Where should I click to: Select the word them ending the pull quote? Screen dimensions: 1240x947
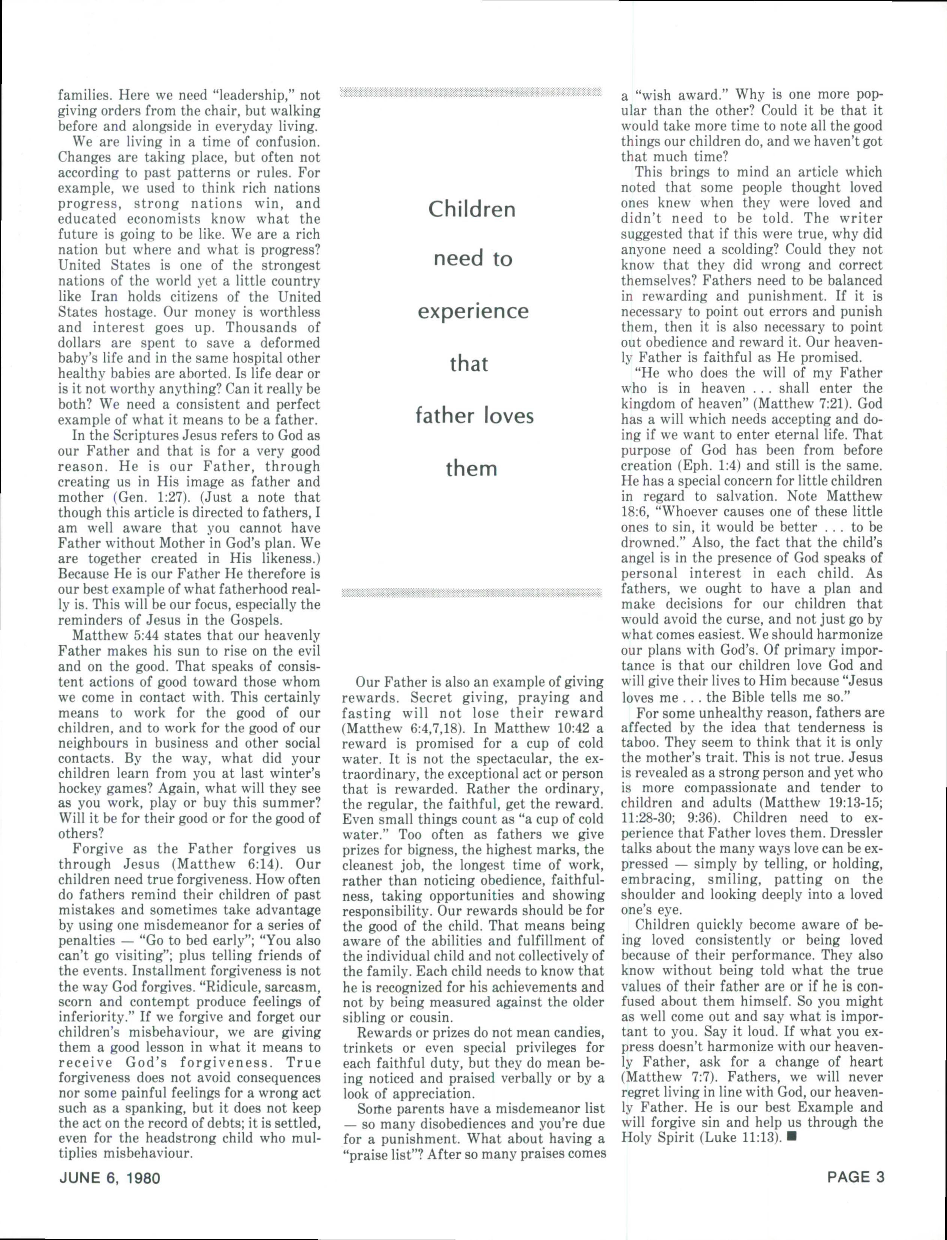click(471, 468)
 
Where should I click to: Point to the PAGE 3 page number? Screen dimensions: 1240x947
click(856, 1177)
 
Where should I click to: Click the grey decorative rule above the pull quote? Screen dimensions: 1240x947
click(471, 92)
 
